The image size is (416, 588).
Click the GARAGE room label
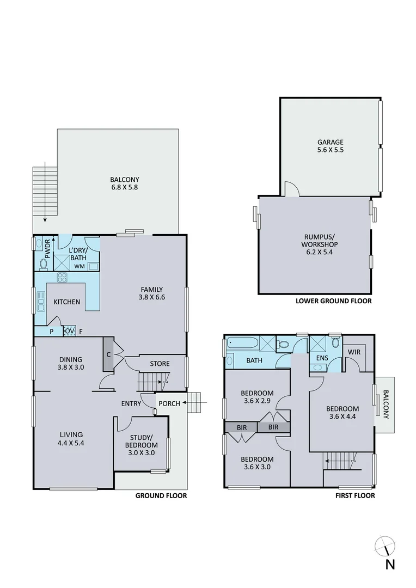[330, 143]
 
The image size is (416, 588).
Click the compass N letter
[389, 565]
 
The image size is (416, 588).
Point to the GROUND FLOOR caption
[161, 496]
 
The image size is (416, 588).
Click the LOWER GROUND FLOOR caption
[333, 301]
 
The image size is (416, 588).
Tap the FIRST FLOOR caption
[355, 496]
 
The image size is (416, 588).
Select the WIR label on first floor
[354, 352]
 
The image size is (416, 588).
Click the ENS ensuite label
[321, 358]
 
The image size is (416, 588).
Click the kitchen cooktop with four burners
[62, 277]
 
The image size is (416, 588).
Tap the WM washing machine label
[79, 266]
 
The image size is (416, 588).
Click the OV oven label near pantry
[69, 330]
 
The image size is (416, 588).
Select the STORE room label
[160, 364]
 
